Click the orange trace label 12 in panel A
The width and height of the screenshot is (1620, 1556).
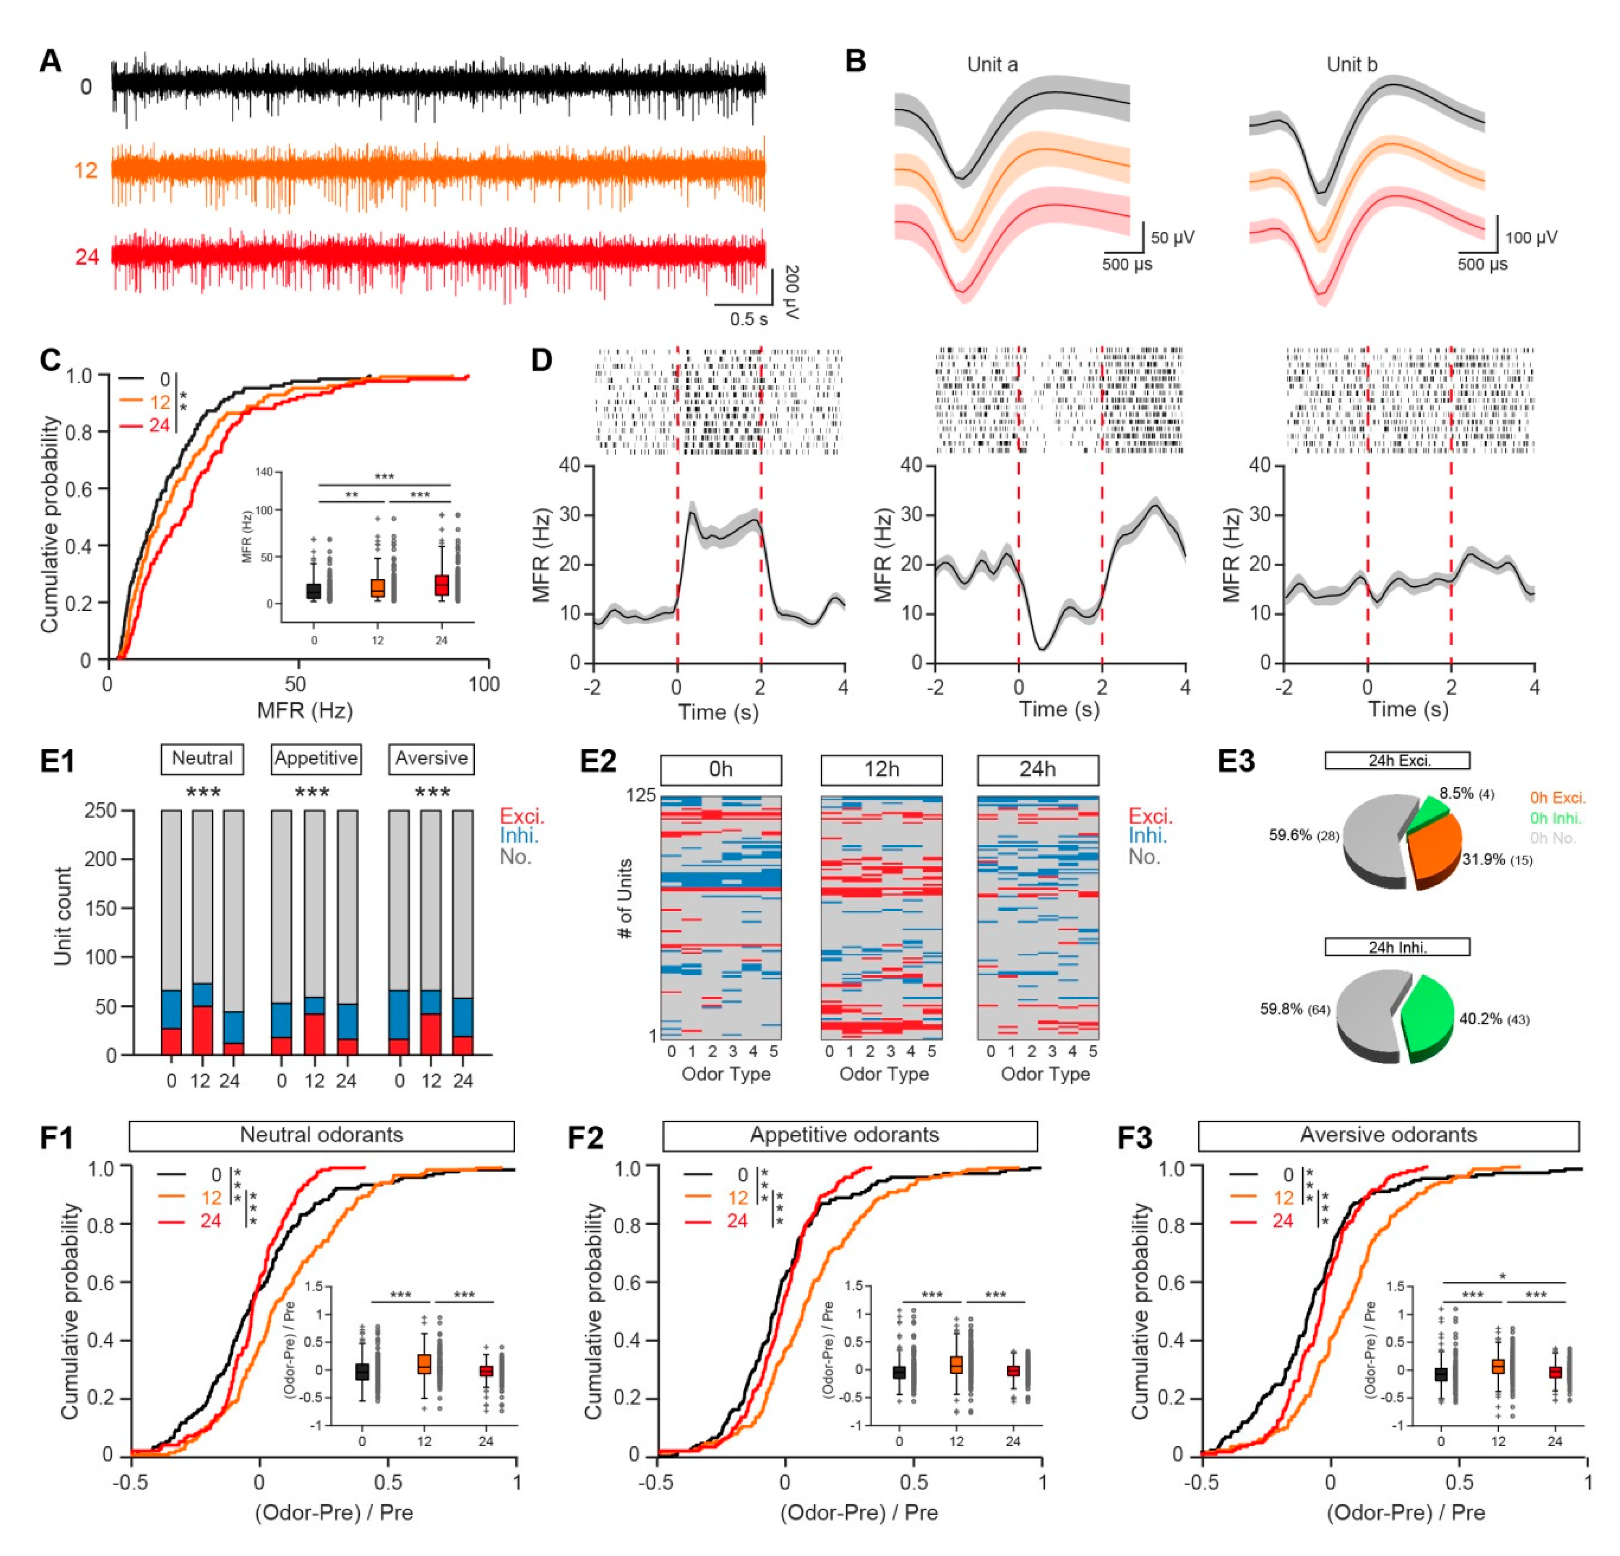[86, 170]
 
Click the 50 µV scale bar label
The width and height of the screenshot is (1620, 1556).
[1172, 238]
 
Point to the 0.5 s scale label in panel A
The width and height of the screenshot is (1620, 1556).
[748, 319]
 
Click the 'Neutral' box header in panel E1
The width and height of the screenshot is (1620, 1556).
[202, 758]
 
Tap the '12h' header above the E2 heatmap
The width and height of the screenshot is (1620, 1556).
[881, 769]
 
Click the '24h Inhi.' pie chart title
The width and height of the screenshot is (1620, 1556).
[1397, 947]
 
